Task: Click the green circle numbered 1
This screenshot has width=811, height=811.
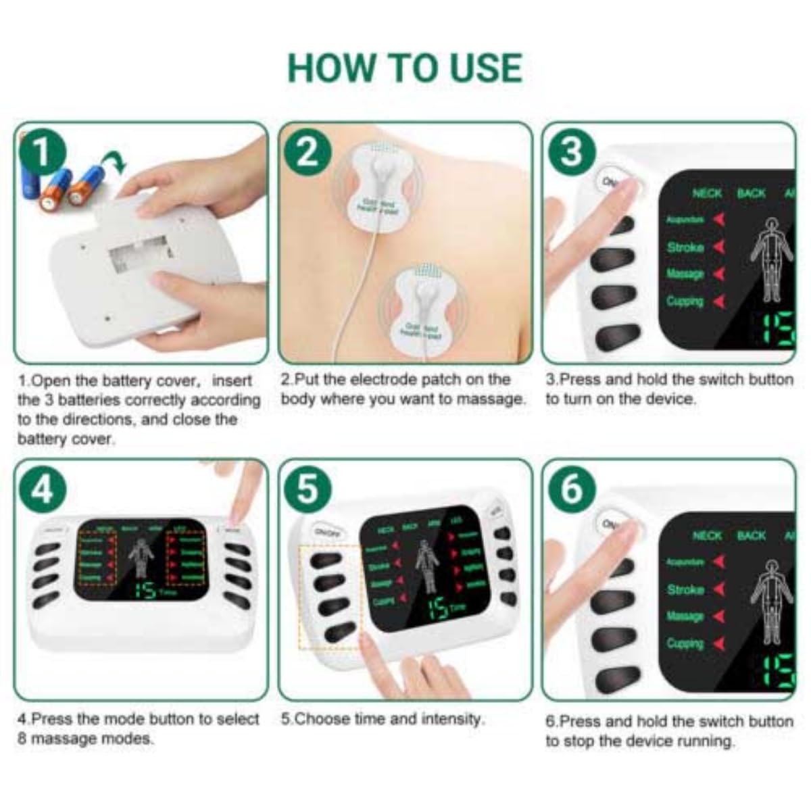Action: (42, 153)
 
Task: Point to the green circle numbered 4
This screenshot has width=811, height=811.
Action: (42, 488)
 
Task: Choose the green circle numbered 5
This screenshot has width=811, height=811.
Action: (308, 488)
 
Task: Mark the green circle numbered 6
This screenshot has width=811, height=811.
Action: (572, 488)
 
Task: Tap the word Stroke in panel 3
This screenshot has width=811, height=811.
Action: (685, 247)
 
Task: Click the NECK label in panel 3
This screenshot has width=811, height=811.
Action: (707, 193)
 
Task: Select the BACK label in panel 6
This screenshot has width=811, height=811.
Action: (751, 535)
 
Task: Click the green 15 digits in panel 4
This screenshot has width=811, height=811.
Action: (145, 590)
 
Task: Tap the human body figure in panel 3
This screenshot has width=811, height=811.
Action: (770, 260)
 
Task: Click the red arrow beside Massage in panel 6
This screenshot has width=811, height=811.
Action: (718, 616)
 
